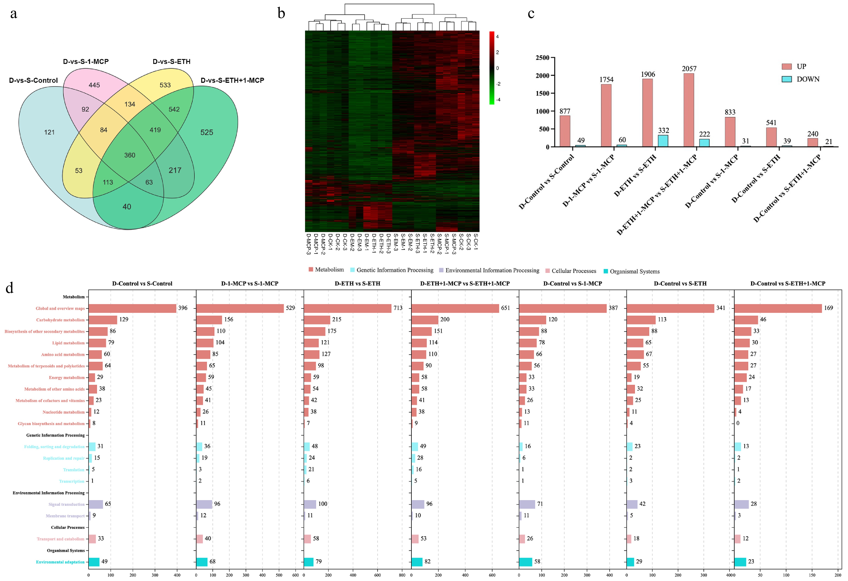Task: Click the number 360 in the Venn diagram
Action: pos(130,155)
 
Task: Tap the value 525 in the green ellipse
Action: pos(206,132)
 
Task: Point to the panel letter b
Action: pos(281,14)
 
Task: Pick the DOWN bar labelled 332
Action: pos(663,141)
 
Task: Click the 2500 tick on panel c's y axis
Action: pos(542,58)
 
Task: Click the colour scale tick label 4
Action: pos(497,36)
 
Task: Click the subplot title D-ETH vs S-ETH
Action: pos(357,284)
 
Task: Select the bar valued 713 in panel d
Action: pos(347,308)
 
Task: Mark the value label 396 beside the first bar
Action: pos(183,308)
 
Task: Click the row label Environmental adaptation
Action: pos(60,562)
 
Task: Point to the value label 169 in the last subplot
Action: pos(828,308)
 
